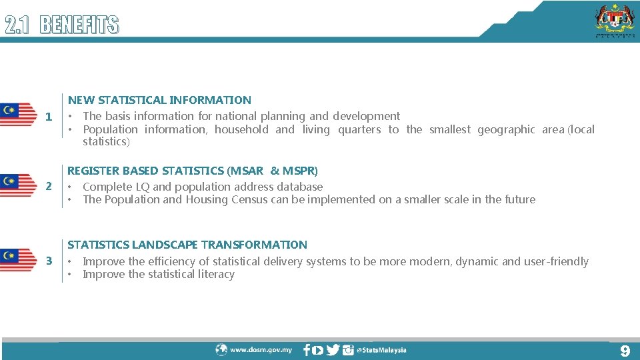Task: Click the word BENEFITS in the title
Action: tap(79, 25)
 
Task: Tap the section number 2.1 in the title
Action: tap(19, 25)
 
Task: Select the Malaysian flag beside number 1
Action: tap(19, 115)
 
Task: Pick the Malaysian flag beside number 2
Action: tap(19, 185)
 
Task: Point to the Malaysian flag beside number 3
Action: tap(19, 259)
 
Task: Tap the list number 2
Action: tap(48, 186)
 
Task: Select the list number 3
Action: tap(48, 261)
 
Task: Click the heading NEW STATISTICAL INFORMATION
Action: tap(159, 100)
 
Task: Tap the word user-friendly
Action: tap(556, 261)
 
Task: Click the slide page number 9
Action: tap(624, 351)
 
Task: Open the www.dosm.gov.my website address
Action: tap(261, 350)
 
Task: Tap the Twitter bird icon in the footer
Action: tap(333, 350)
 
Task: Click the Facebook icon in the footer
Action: tap(307, 350)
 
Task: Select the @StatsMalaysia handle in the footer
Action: tap(381, 350)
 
